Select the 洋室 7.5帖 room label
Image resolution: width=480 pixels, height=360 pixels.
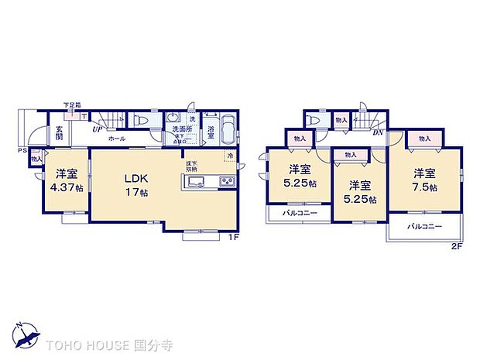pos(424,180)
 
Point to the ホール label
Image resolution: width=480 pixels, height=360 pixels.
pos(116,138)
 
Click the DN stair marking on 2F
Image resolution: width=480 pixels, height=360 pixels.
pos(379,132)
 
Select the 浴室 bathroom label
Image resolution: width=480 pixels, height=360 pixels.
pos(211,129)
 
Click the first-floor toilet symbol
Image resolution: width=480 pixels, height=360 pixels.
pos(139,122)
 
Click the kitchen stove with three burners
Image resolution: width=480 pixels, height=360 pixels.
pos(228,182)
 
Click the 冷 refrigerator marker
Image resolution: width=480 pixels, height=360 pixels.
pos(229,156)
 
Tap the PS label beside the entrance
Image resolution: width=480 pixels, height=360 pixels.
pos(23,150)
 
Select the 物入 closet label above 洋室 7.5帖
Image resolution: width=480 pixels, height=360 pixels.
pos(424,139)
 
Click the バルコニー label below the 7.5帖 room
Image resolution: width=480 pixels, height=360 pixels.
pos(423,227)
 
